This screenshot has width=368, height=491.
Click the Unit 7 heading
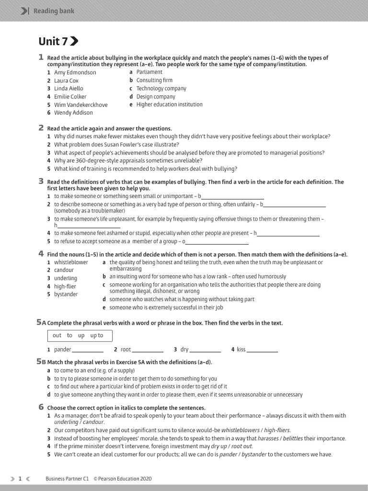(x=54, y=41)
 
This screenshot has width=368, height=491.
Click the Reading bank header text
(x=54, y=11)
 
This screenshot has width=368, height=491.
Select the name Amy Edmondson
(x=75, y=72)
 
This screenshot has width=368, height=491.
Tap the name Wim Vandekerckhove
(x=80, y=105)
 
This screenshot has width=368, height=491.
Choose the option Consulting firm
(x=154, y=80)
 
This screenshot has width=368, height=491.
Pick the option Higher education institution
(x=169, y=104)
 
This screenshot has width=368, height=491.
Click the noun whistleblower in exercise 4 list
(x=71, y=262)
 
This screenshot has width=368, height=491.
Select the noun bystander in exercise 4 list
(x=66, y=294)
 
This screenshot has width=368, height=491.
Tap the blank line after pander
(x=88, y=351)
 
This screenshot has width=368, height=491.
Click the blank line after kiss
(x=263, y=351)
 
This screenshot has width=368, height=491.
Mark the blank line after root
(x=148, y=351)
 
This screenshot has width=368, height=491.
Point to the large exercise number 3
(x=41, y=181)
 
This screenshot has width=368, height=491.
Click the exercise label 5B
(x=41, y=362)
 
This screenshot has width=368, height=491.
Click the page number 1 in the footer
(x=20, y=479)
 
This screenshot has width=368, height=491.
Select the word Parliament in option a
(x=149, y=72)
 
